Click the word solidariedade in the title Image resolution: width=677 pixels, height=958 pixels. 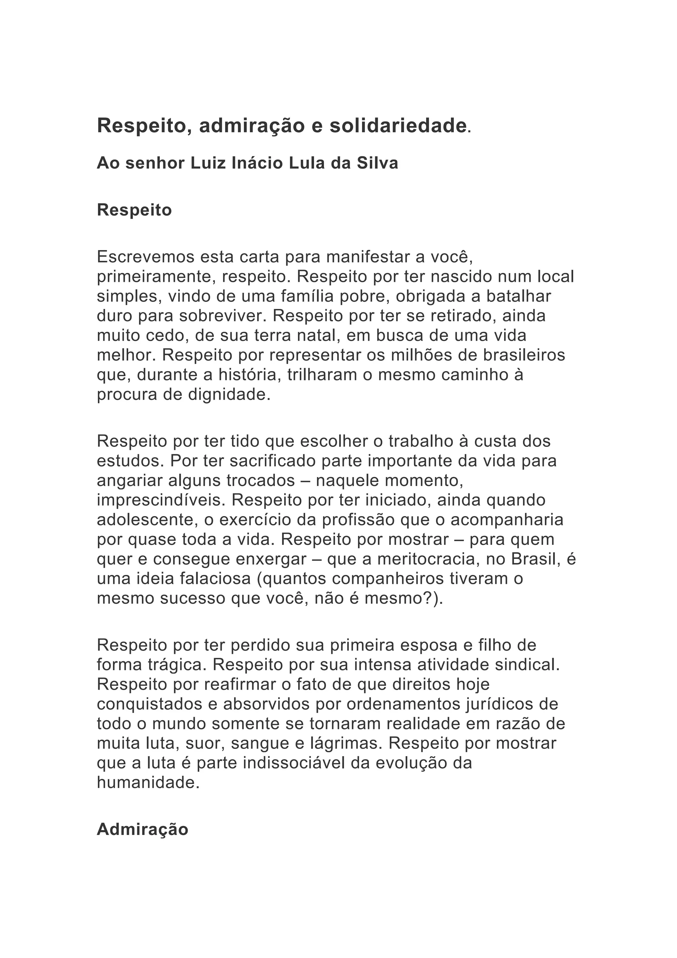click(x=398, y=126)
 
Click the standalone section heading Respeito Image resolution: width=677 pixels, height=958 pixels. click(x=134, y=210)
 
